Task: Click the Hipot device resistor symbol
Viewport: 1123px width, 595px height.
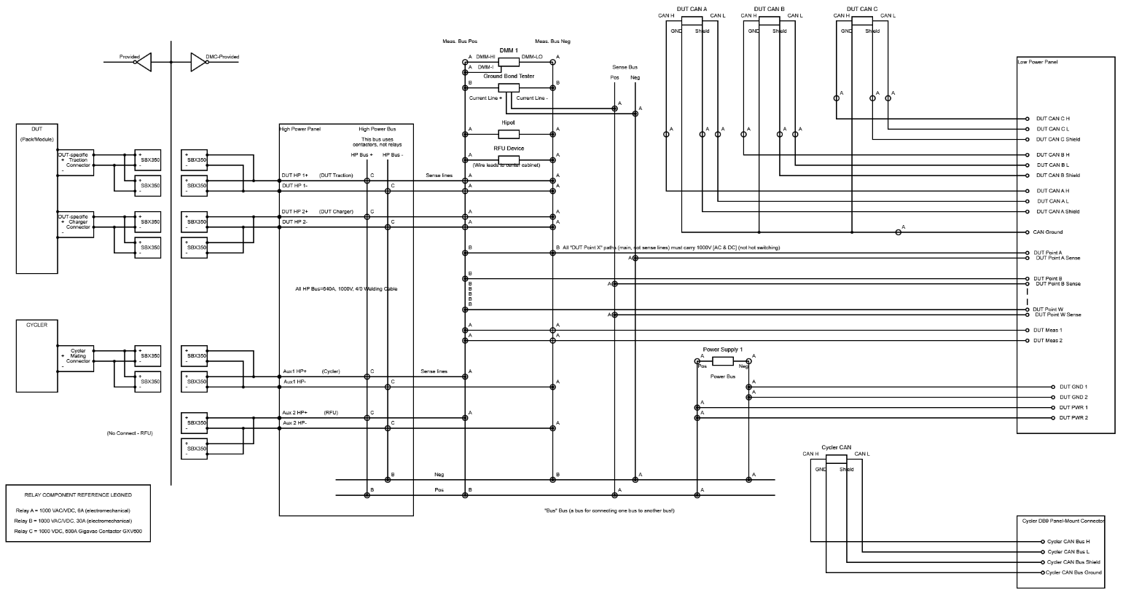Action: click(509, 134)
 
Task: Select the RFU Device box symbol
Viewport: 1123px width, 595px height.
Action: click(509, 159)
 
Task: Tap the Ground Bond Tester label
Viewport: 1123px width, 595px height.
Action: click(509, 76)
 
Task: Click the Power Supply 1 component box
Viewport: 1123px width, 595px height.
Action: click(722, 361)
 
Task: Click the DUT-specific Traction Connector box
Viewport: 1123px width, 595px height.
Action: click(77, 160)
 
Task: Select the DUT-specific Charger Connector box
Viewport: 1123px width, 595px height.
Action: click(77, 221)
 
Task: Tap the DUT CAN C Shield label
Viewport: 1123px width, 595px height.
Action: click(1057, 139)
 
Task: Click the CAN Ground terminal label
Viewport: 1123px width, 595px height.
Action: click(1047, 232)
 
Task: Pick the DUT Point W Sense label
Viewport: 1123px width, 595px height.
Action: click(1057, 315)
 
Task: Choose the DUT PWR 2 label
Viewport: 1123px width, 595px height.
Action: click(1073, 417)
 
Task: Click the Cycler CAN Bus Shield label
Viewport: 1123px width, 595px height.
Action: click(1073, 562)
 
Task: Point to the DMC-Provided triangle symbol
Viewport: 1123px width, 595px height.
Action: click(197, 62)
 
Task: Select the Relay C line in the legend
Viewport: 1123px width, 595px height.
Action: click(78, 532)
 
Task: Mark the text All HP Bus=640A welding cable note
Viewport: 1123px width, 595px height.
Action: click(346, 289)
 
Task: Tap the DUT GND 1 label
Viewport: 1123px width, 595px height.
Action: click(1073, 387)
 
